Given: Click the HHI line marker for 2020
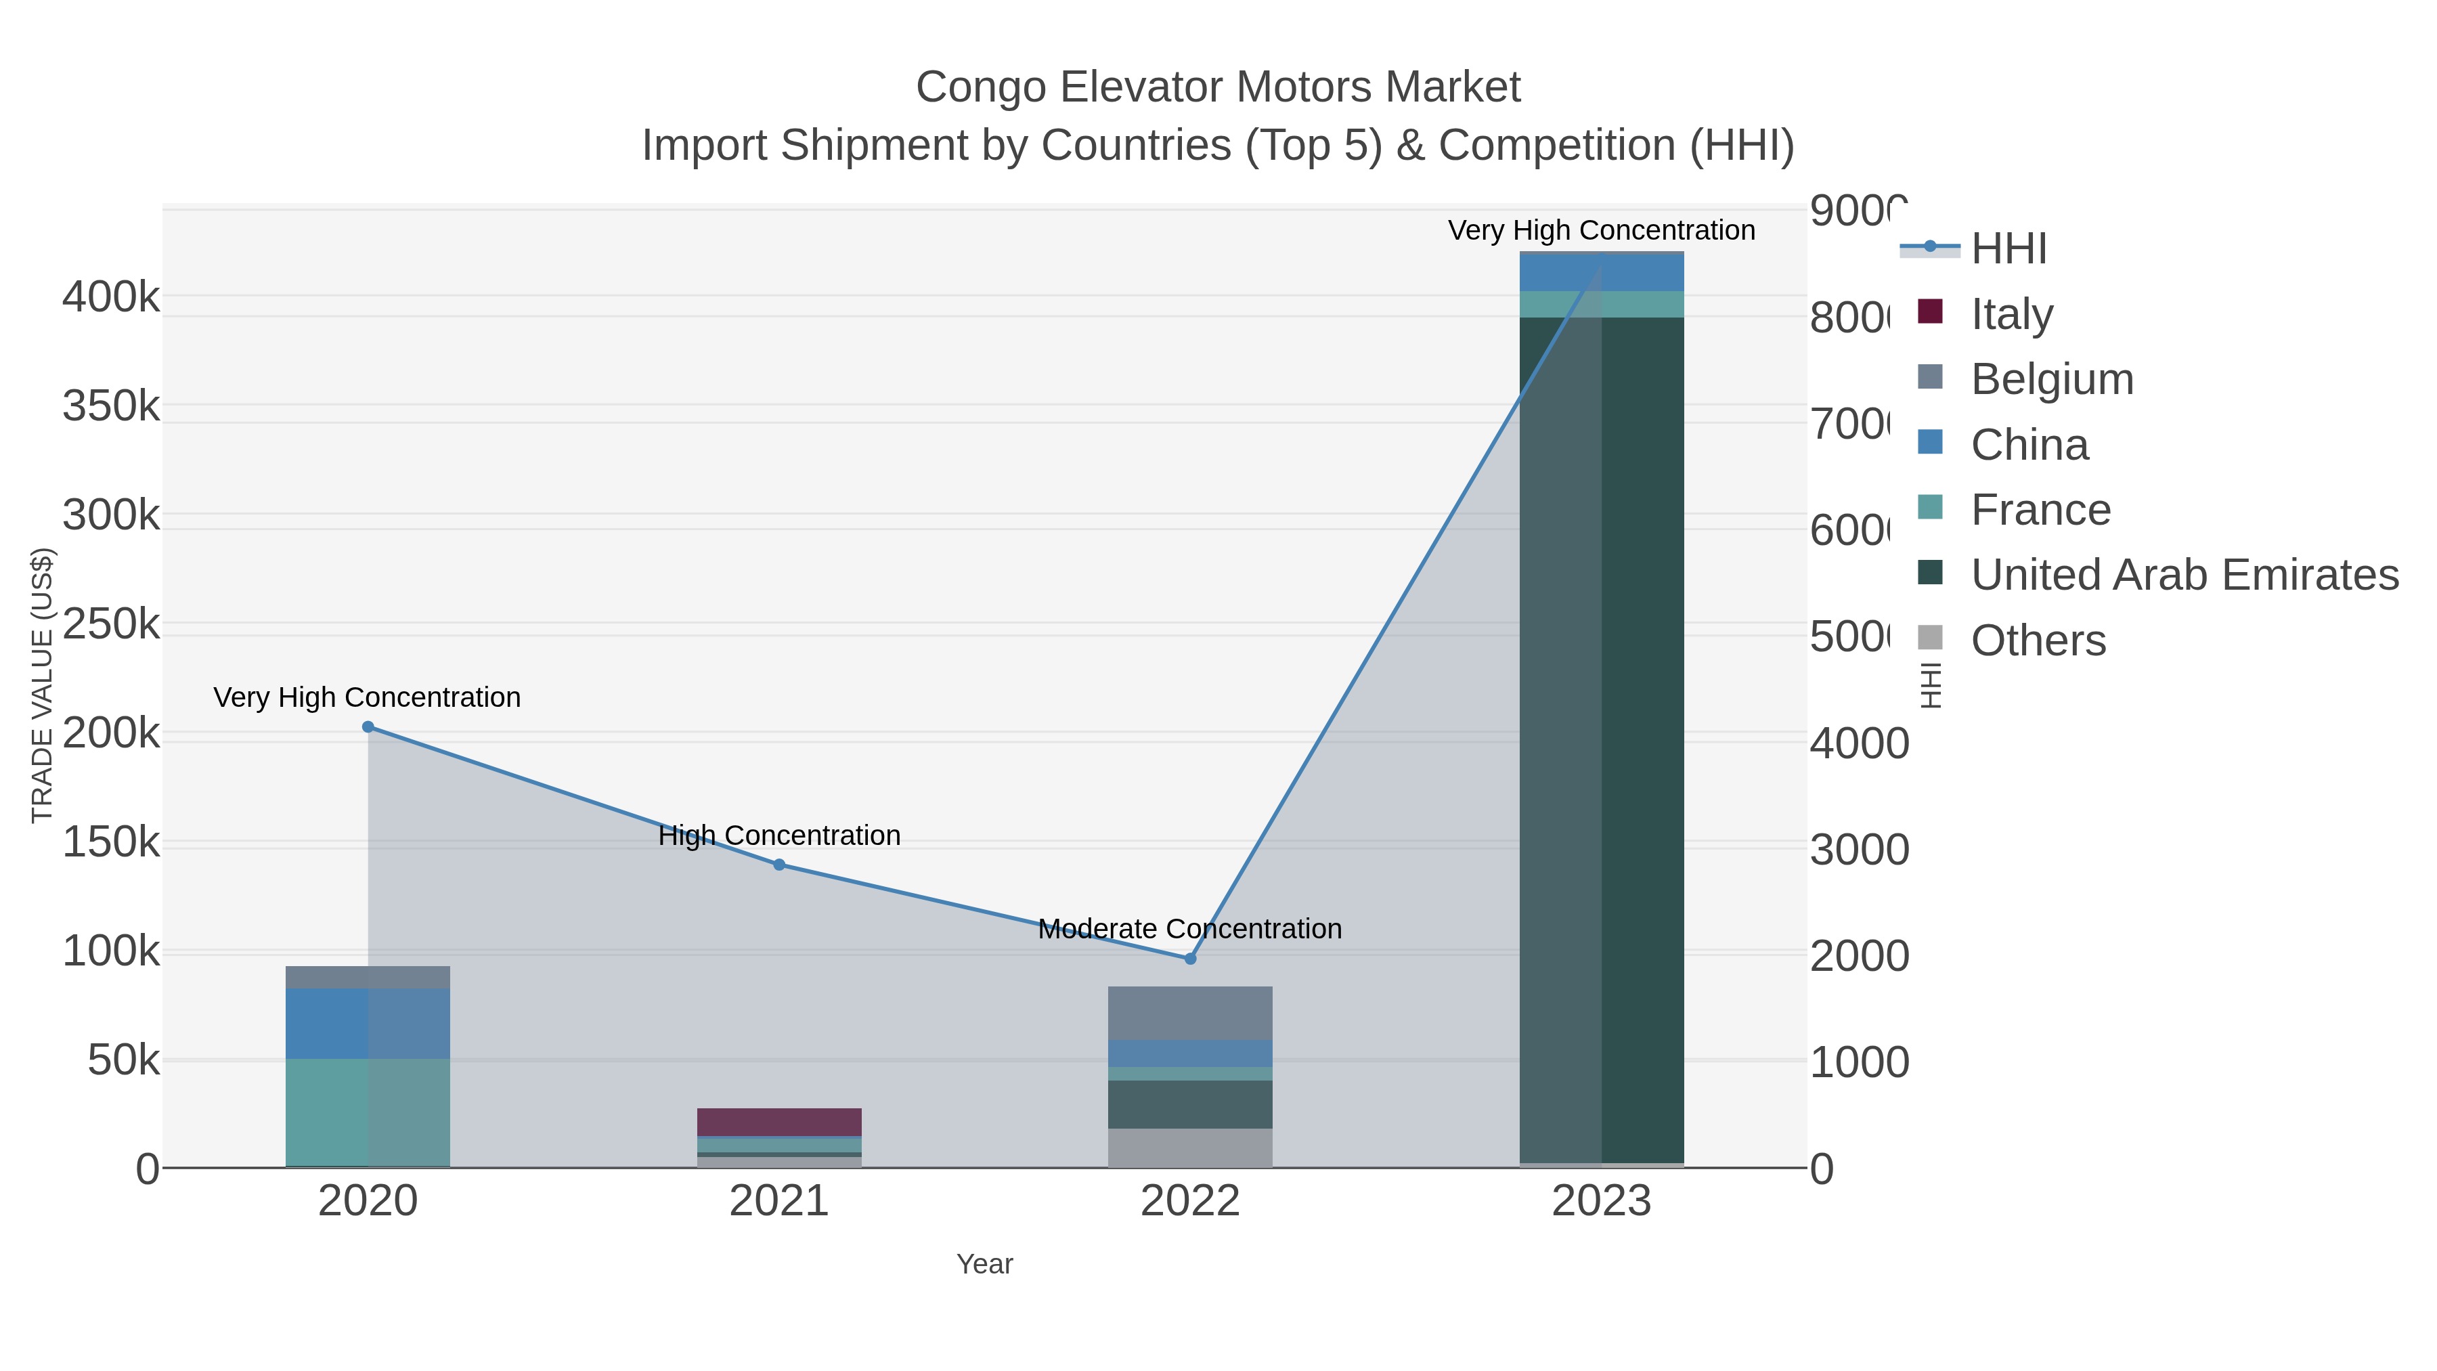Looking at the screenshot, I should point(368,726).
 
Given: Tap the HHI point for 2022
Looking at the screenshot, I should point(1190,959).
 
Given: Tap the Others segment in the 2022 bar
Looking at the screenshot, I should point(1190,1147).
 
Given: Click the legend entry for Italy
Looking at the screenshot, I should point(2011,314).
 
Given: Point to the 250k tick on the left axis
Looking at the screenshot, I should point(111,624).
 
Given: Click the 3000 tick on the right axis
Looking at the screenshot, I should point(1859,849).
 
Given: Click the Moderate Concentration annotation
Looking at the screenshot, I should point(1189,928).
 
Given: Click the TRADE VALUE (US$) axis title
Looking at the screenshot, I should point(43,685).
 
